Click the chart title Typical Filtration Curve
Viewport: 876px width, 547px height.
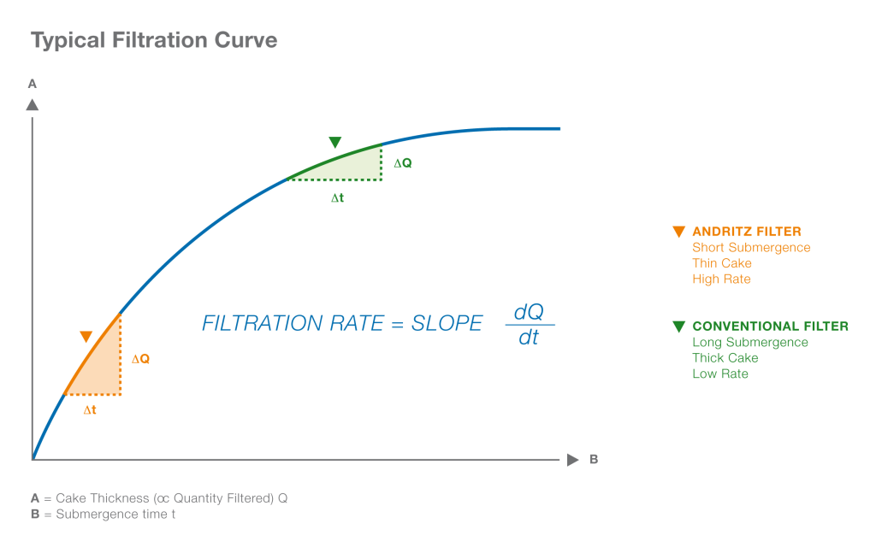pos(154,40)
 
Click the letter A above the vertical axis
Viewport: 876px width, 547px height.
pos(33,84)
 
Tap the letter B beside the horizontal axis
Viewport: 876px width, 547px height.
pos(594,460)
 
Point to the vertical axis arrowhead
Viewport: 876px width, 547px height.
pos(33,104)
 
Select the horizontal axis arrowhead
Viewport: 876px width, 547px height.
pos(572,460)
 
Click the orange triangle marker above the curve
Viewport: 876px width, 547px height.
pos(86,337)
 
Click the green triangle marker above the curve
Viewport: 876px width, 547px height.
pos(335,142)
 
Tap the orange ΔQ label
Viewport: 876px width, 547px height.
pos(140,359)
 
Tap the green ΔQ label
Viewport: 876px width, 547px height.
pos(402,162)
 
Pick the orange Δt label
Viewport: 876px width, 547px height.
pos(90,409)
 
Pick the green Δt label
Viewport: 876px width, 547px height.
pos(338,197)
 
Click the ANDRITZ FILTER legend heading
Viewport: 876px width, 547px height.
pos(746,232)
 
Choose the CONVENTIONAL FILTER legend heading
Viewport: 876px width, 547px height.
pos(770,326)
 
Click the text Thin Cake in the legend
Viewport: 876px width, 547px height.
pos(721,263)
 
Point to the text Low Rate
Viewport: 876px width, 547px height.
pos(719,373)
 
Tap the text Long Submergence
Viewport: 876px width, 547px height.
pos(749,342)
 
